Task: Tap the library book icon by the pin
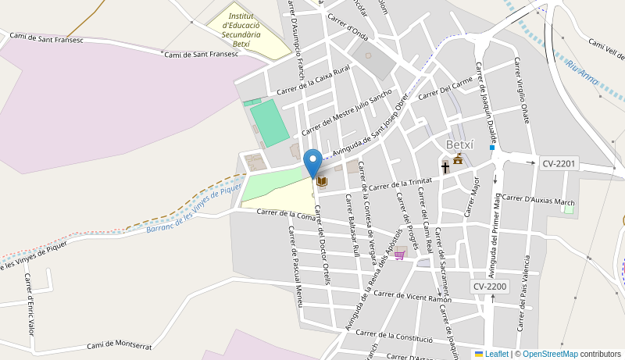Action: coord(322,182)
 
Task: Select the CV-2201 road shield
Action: coord(559,163)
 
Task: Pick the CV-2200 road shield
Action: coord(490,287)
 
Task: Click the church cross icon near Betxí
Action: coord(445,167)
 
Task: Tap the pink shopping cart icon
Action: coord(400,254)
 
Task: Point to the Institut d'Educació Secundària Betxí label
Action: coord(241,30)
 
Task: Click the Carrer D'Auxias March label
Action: coord(538,200)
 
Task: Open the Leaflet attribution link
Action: coord(491,354)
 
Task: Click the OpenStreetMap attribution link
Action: coord(549,354)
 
